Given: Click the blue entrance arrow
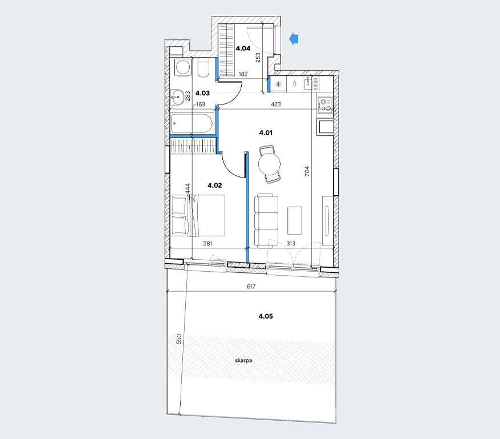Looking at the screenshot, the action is tap(294, 39).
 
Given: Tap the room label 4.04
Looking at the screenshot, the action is tap(243, 49).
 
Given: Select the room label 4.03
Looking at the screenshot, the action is tap(202, 93).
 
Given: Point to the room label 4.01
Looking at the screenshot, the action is tap(266, 133).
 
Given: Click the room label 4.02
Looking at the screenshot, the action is tap(214, 186).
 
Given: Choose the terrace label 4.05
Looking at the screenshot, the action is tap(266, 316).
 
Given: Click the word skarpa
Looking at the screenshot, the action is tap(243, 360).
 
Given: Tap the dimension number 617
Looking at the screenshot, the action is tap(251, 287).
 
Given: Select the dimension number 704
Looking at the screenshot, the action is tap(307, 171).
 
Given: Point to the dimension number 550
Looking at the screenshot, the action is tap(179, 339).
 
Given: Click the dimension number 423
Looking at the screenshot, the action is tap(276, 104).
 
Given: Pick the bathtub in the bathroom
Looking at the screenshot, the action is tap(192, 124).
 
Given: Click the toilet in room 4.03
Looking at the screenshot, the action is tap(203, 68).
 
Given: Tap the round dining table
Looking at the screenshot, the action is tap(270, 164).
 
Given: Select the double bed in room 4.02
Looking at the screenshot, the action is tap(198, 216).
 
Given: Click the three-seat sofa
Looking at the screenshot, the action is tap(266, 220).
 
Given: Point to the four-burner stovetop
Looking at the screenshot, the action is tap(325, 105).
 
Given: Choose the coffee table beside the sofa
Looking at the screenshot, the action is tap(294, 220).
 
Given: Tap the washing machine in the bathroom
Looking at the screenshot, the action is tap(183, 67).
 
